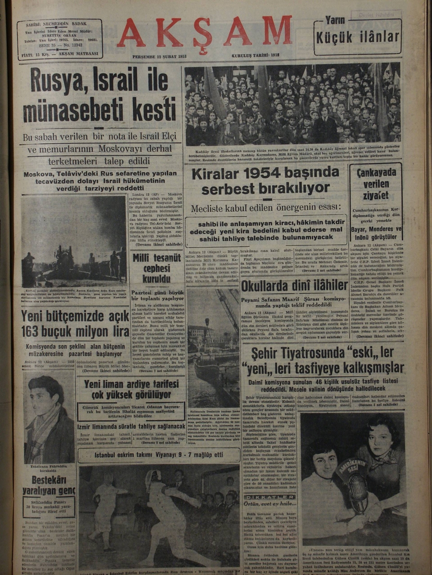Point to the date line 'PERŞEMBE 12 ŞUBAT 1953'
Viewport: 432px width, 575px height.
159,57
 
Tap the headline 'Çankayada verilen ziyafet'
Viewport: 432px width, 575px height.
376,184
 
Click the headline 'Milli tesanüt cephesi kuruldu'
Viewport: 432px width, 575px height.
156,268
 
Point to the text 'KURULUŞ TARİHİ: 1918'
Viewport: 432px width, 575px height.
255,57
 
